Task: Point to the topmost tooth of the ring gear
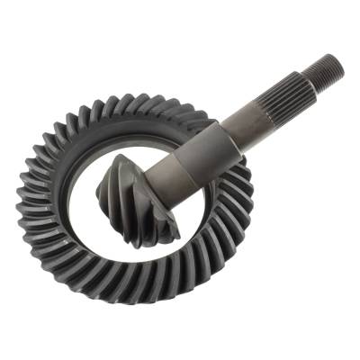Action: [135, 100]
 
